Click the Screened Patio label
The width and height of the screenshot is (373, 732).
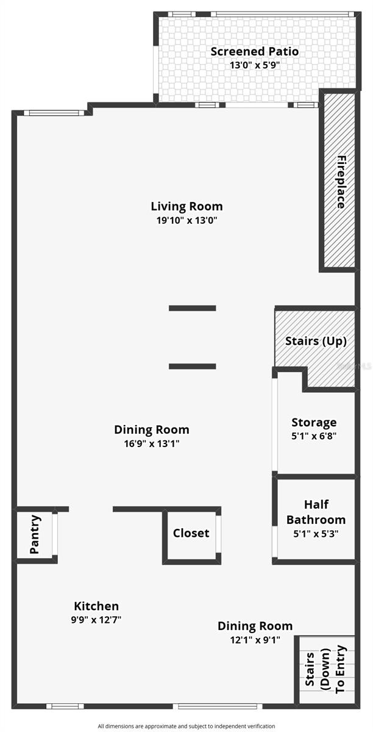tap(254, 51)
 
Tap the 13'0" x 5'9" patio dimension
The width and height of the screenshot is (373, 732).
tap(254, 65)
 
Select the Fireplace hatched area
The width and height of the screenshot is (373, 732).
tap(338, 181)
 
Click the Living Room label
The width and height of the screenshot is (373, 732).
tap(187, 206)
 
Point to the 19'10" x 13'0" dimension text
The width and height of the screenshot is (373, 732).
tap(187, 220)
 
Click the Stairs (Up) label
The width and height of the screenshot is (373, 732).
tap(316, 341)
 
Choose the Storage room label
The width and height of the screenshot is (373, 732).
tap(314, 422)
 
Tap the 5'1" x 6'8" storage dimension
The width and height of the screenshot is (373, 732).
tap(314, 436)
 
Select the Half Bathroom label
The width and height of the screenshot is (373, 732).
tap(316, 512)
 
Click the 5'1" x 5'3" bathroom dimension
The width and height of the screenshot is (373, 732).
tap(316, 533)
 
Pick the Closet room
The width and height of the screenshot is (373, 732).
tap(191, 533)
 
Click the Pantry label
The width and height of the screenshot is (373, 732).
tap(35, 534)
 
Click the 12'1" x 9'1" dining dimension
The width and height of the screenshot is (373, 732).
tap(255, 640)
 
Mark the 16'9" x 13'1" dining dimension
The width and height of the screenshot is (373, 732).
tap(151, 443)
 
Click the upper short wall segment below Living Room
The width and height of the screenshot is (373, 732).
tap(192, 308)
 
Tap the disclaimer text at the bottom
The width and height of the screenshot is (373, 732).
tap(187, 726)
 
